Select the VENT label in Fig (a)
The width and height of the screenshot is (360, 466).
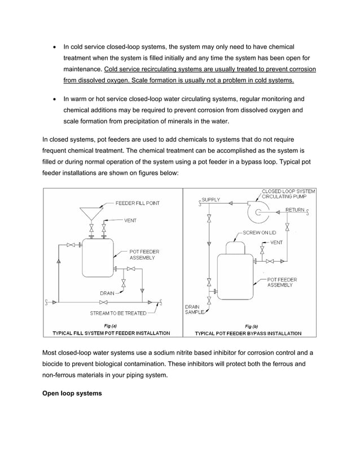click(131, 221)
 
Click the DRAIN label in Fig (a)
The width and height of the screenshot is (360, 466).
click(107, 293)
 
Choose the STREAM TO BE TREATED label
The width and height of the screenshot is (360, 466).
click(118, 313)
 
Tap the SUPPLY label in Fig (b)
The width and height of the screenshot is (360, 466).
click(211, 200)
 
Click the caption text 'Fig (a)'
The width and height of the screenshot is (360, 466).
click(111, 326)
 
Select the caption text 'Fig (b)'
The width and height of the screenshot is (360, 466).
click(252, 326)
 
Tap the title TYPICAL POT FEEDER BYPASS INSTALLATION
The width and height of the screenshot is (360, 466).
click(248, 333)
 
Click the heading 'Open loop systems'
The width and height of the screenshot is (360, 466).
click(72, 393)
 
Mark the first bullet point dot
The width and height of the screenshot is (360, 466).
click(54, 47)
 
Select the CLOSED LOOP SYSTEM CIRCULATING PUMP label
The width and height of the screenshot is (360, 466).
click(288, 194)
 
